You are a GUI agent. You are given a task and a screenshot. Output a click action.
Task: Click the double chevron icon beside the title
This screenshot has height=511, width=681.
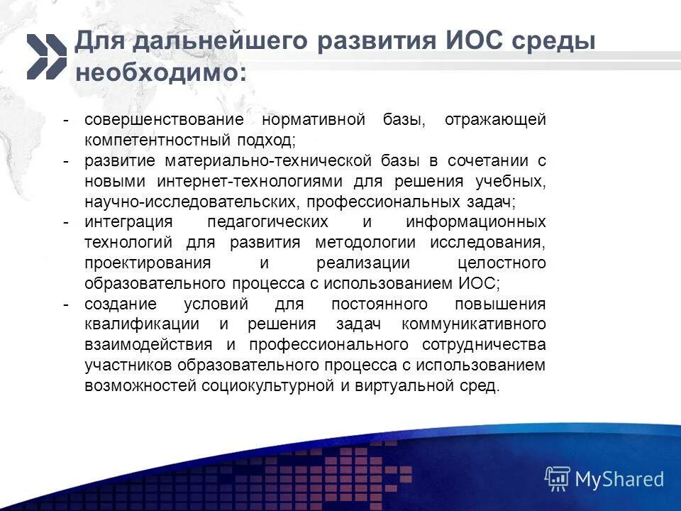[46, 56]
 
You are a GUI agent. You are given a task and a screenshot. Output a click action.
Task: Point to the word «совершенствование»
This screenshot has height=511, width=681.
[164, 120]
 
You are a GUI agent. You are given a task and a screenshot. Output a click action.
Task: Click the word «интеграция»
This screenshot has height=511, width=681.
[127, 222]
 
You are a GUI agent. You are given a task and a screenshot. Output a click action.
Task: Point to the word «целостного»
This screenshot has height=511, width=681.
[502, 263]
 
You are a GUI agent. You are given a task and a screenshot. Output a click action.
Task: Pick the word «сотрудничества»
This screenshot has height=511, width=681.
[484, 346]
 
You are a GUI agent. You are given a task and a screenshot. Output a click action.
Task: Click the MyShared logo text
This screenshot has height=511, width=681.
[619, 479]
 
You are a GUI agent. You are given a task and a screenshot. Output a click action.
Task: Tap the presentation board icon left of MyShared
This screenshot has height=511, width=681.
[558, 479]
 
